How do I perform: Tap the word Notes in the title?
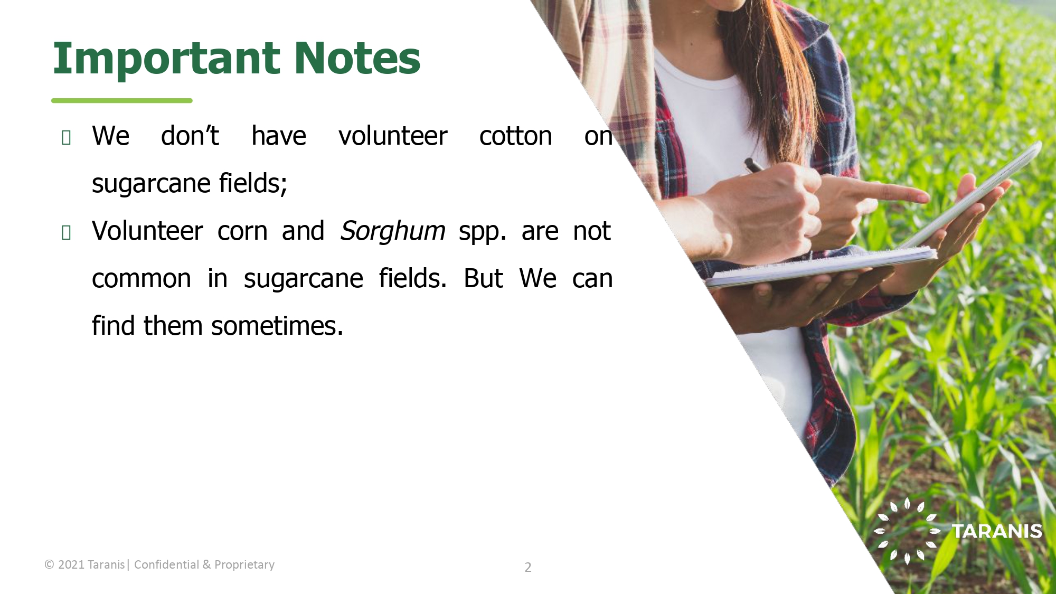(357, 58)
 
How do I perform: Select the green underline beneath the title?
(122, 100)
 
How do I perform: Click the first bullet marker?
(66, 137)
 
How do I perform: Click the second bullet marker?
(66, 232)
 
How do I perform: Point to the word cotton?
(515, 136)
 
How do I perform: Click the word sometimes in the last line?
(277, 326)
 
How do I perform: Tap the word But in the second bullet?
(483, 278)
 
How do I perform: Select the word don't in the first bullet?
(190, 136)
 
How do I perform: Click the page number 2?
(528, 568)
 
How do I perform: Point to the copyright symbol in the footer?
(50, 564)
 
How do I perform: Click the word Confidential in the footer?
(166, 564)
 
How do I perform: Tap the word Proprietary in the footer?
(244, 565)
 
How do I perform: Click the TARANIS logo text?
(997, 531)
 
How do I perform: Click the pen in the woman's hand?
(754, 165)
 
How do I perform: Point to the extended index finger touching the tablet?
(892, 192)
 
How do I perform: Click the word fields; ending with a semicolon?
(253, 183)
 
